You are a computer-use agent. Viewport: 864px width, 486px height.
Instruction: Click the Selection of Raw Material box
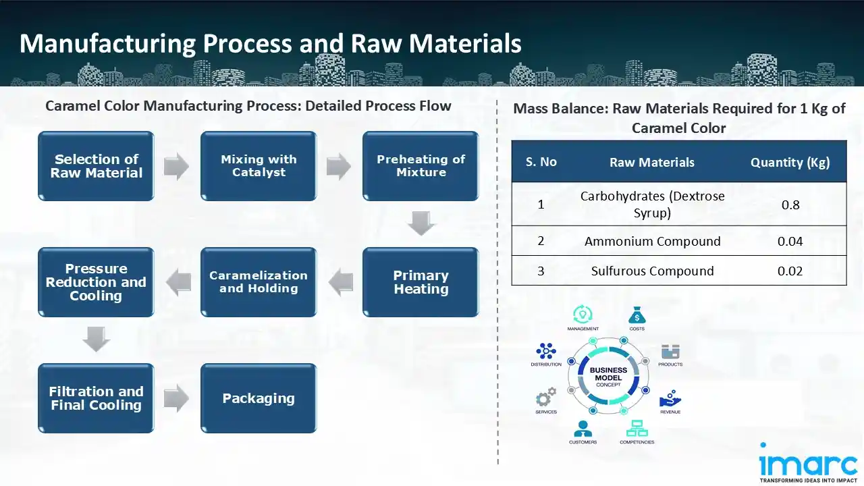pos(96,166)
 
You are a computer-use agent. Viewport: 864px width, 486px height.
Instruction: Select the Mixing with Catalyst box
pos(259,166)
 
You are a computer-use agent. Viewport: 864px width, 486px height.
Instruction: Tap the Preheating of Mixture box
pos(421,166)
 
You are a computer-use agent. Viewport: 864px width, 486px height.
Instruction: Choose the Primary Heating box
pos(421,282)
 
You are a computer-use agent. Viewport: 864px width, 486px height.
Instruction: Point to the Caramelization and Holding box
pos(259,282)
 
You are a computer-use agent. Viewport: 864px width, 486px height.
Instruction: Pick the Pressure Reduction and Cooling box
pos(96,282)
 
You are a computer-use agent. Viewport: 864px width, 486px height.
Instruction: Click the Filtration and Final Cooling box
pos(96,398)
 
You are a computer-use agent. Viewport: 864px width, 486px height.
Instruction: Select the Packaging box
pos(259,398)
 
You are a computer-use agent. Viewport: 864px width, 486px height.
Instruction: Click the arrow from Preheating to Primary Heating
pos(421,223)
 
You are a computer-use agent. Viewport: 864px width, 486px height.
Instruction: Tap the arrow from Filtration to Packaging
pos(177,398)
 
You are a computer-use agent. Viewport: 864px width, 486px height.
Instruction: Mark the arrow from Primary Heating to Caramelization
pos(340,282)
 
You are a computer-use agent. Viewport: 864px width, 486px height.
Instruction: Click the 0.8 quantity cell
pos(790,204)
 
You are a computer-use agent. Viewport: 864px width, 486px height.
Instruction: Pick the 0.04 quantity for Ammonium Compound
pos(790,241)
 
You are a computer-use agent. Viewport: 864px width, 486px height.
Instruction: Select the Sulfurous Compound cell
pos(652,271)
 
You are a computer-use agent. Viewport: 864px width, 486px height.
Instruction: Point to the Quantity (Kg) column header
pos(790,162)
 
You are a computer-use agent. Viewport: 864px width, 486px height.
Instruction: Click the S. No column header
pos(541,162)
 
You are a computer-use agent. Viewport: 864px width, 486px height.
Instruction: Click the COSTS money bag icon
pos(637,315)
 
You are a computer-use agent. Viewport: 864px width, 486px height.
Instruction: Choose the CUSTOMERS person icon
pos(583,429)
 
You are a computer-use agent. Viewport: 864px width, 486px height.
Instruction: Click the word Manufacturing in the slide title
pos(107,43)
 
